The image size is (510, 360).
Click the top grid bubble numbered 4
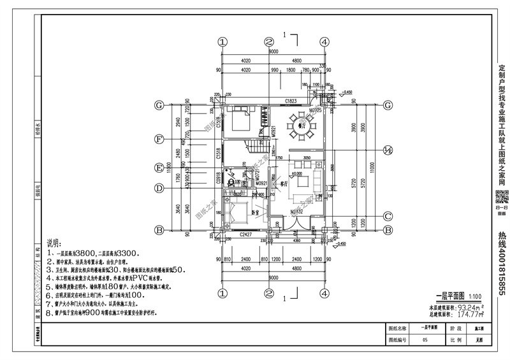pyautogui.click(x=324, y=41)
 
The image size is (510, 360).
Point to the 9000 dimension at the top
pyautogui.click(x=273, y=50)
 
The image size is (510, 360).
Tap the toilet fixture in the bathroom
pyautogui.click(x=232, y=181)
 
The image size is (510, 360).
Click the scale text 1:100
pyautogui.click(x=475, y=296)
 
